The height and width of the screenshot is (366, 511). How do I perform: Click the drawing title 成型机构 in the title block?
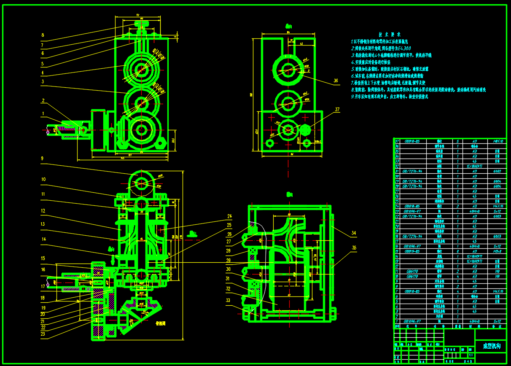(491, 346)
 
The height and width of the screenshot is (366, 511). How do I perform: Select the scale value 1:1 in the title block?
(471, 355)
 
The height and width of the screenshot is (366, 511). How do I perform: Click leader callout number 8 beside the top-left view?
(42, 35)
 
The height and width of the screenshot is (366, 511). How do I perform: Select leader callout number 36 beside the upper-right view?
(336, 81)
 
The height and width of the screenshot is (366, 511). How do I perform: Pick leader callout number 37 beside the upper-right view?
(337, 110)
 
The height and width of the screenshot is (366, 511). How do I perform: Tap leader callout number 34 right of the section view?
(353, 232)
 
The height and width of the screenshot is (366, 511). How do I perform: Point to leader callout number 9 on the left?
(42, 159)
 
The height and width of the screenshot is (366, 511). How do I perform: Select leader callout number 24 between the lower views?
(229, 217)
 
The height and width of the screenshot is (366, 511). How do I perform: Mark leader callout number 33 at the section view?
(228, 300)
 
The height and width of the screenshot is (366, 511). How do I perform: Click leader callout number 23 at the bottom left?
(43, 334)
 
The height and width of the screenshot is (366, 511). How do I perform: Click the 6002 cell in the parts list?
(497, 171)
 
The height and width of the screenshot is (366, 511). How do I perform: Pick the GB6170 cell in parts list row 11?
(412, 272)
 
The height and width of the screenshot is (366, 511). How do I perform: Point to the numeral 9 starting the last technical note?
(352, 96)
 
